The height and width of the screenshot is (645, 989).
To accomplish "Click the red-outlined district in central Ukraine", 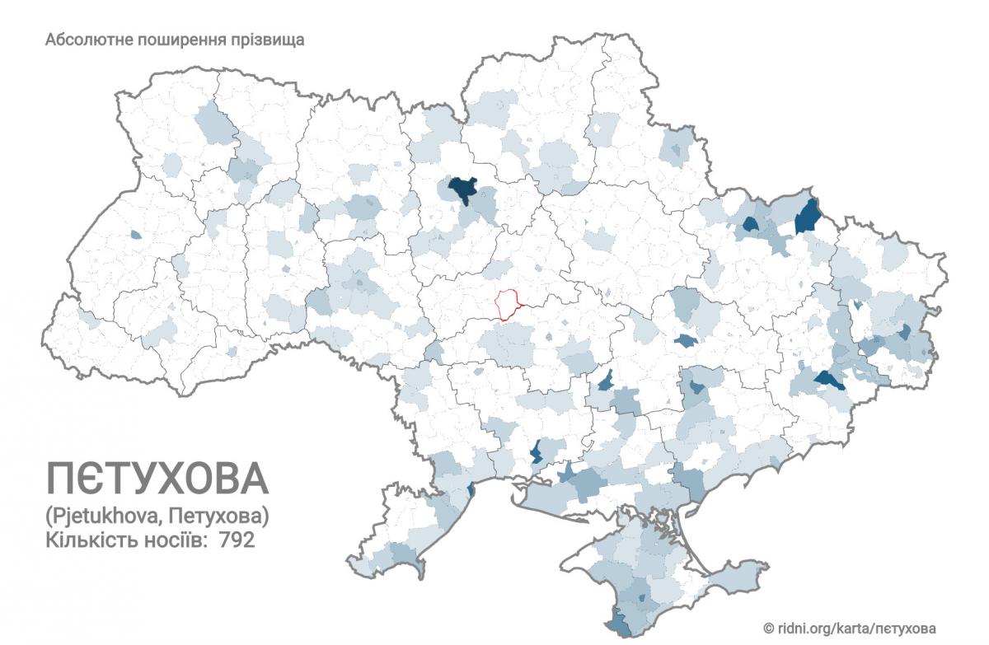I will point(509,304).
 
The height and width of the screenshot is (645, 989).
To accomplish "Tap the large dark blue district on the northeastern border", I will point(808,217).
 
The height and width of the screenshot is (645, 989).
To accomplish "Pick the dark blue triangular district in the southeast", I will point(828,380).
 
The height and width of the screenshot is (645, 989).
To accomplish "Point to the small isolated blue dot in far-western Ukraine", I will point(135,235).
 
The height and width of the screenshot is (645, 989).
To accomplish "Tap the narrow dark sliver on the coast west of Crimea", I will point(471,490).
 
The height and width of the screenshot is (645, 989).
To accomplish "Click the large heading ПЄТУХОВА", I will point(157,478).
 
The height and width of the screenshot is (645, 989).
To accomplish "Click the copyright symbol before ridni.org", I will point(768,627).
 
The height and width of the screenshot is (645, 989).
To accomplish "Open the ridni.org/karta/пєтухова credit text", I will point(857,627).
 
